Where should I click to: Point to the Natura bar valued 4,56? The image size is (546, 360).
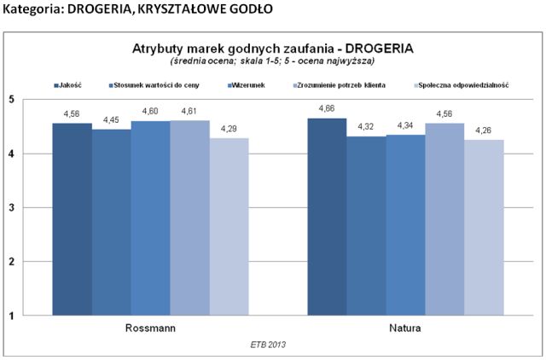point(444,219)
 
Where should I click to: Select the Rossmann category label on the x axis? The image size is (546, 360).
point(150,328)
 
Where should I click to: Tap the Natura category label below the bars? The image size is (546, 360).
point(405,328)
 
